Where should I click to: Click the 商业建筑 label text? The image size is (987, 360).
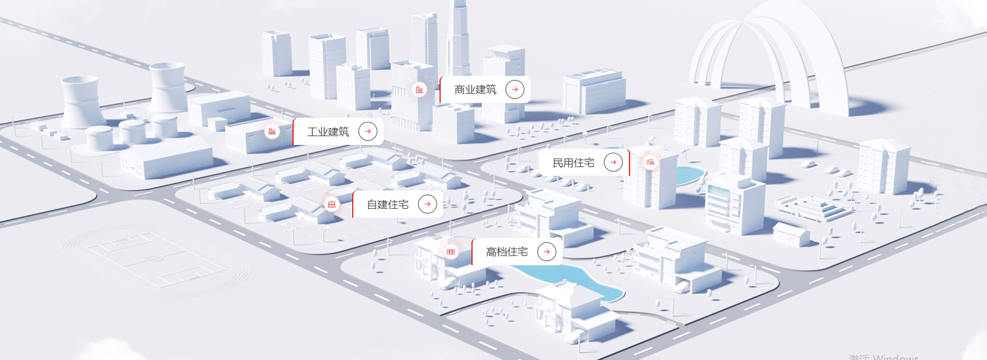tap(475, 89)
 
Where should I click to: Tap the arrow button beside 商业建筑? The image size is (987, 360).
tap(515, 89)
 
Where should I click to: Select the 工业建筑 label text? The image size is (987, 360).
tap(328, 132)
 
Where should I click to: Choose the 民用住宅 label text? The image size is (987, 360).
tap(573, 163)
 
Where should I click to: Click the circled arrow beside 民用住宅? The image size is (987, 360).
tap(613, 163)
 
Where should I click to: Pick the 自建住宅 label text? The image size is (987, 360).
tap(388, 205)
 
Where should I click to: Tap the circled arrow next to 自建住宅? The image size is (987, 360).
tap(427, 204)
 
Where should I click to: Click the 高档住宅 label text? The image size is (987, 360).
tap(507, 252)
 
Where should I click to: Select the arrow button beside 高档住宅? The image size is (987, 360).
tap(546, 251)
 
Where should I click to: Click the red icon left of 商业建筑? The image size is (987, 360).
tap(419, 90)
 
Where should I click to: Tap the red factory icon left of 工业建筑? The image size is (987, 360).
tap(272, 132)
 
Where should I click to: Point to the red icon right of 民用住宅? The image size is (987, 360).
tap(650, 163)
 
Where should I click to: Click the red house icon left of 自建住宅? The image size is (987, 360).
tap(332, 205)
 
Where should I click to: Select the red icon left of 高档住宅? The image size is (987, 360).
tap(451, 251)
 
